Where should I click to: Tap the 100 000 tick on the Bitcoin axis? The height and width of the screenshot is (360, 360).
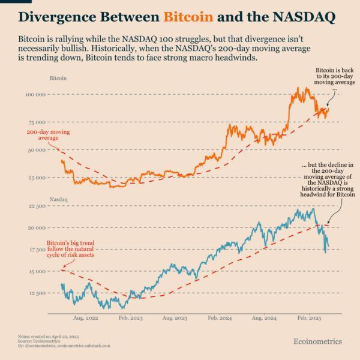[x=35, y=95]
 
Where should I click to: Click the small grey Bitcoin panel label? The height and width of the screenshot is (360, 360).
[x=58, y=79]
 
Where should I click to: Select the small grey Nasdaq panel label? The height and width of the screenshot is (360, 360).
[x=58, y=197]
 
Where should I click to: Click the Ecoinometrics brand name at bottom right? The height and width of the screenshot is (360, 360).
[x=317, y=341]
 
